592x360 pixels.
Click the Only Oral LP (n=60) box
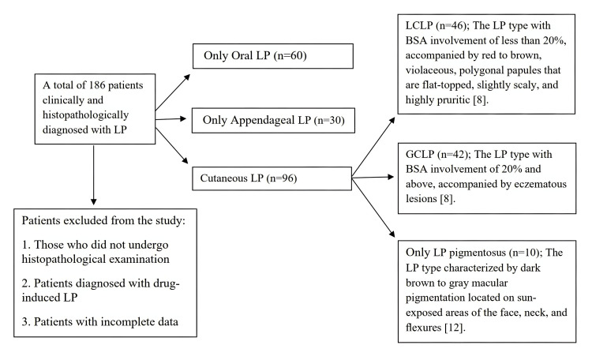(x=273, y=56)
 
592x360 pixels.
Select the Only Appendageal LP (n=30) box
(x=273, y=121)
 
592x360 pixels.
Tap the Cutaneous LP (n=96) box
(x=272, y=178)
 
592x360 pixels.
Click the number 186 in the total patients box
(x=97, y=85)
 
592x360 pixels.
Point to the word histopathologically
(x=86, y=114)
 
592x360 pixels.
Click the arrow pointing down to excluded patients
(x=94, y=175)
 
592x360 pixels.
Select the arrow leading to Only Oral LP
(x=173, y=92)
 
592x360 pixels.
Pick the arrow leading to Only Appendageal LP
(x=170, y=119)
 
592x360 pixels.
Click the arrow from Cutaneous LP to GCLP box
(x=373, y=177)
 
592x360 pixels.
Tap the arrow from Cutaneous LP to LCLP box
(x=373, y=147)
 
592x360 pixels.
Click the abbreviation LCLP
(x=419, y=26)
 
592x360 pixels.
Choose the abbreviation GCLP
(x=420, y=155)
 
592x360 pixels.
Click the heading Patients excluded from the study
(x=103, y=220)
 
